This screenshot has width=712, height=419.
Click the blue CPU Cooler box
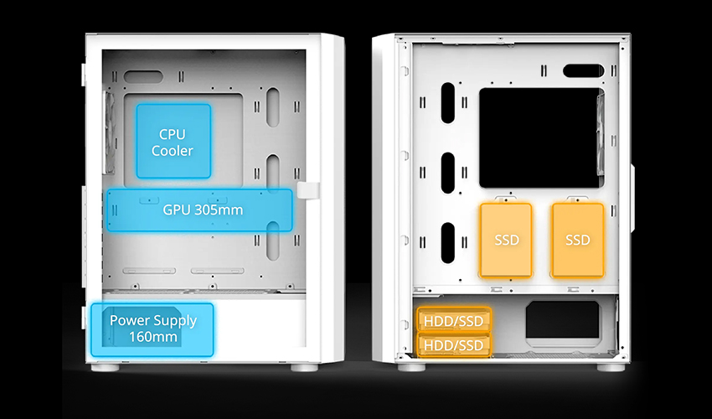[x=173, y=141]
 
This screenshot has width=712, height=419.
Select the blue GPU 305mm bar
[x=199, y=210]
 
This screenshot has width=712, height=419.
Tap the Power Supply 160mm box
[x=152, y=329]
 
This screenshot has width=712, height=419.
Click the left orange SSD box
[x=506, y=240]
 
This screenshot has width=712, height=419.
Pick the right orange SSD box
[x=578, y=240]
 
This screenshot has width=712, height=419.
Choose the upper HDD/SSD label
[x=454, y=321]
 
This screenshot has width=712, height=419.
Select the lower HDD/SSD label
[x=454, y=345]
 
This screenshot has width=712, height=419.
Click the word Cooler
[x=173, y=151]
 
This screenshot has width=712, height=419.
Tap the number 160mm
[x=153, y=337]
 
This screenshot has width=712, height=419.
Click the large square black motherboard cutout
[x=542, y=137]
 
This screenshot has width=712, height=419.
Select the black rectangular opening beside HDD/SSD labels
[x=563, y=319]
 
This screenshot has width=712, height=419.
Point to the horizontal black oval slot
[x=584, y=71]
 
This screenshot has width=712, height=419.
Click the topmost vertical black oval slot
[x=448, y=103]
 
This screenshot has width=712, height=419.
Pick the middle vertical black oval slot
[x=448, y=173]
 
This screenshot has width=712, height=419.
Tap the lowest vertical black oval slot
[x=448, y=243]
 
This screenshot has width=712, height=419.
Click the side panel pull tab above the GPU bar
[x=308, y=190]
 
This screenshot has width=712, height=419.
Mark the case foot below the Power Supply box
[x=105, y=367]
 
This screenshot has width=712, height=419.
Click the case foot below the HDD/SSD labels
[x=412, y=367]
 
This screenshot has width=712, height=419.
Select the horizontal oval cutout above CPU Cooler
[x=143, y=76]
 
